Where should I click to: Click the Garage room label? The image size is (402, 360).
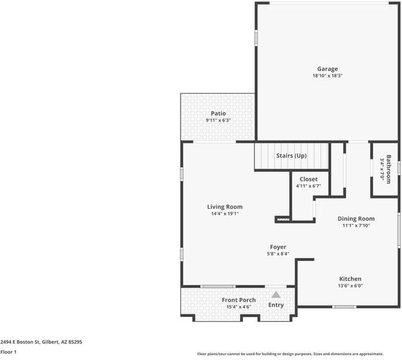328,69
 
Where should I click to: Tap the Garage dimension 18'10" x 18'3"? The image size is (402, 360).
328,76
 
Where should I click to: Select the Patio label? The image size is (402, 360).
218,113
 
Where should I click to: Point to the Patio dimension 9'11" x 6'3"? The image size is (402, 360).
218,120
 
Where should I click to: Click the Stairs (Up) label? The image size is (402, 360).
291,155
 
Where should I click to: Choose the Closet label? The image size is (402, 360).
308,179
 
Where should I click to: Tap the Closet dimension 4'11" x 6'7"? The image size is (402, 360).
308,186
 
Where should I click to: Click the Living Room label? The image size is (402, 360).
225,207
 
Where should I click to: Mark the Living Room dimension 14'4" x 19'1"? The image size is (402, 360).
225,214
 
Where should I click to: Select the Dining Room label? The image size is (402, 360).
356,219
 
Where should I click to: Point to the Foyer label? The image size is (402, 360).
278,247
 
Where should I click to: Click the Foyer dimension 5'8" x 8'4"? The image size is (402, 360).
278,254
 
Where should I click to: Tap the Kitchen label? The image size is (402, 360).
350,279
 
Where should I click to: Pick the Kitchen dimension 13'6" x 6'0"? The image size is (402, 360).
350,286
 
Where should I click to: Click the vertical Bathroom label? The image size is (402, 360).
388,169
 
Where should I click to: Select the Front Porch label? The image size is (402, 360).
239,300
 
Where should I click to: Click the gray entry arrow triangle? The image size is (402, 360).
276,295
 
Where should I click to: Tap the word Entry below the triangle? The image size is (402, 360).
276,305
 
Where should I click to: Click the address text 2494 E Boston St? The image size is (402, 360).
20,342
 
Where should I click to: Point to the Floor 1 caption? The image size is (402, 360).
8,352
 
